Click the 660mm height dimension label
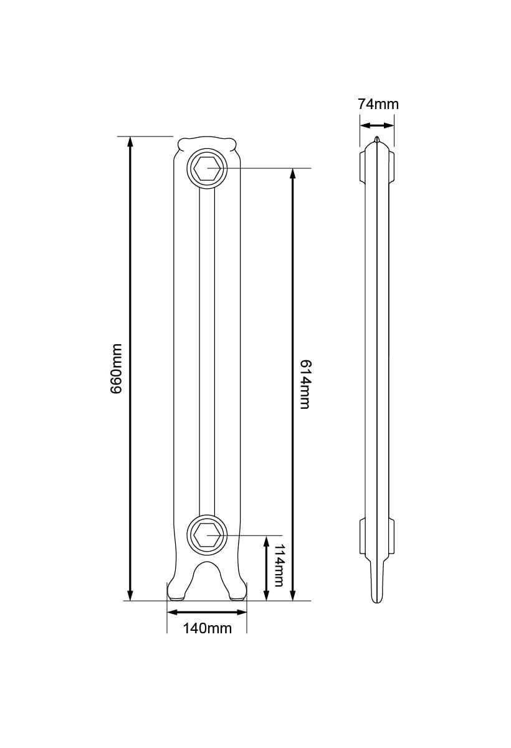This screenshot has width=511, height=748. pyautogui.click(x=117, y=368)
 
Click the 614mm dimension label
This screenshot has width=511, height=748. pyautogui.click(x=305, y=384)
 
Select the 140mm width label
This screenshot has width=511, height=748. pyautogui.click(x=207, y=628)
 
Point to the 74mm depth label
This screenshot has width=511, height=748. pyautogui.click(x=378, y=104)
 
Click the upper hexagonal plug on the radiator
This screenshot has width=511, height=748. pyautogui.click(x=207, y=168)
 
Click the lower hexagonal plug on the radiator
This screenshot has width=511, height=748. pyautogui.click(x=207, y=535)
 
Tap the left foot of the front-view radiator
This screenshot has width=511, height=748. pyautogui.click(x=176, y=589)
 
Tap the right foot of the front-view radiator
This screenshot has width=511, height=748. pyautogui.click(x=238, y=589)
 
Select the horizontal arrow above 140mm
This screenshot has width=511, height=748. pyautogui.click(x=207, y=612)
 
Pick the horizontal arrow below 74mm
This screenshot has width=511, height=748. pyautogui.click(x=377, y=125)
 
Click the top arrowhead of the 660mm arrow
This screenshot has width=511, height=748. pyautogui.click(x=130, y=141)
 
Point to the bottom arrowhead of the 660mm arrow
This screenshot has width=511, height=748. pyautogui.click(x=130, y=595)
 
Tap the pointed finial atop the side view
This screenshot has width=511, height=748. pyautogui.click(x=376, y=138)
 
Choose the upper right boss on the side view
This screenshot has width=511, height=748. pyautogui.click(x=391, y=166)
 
